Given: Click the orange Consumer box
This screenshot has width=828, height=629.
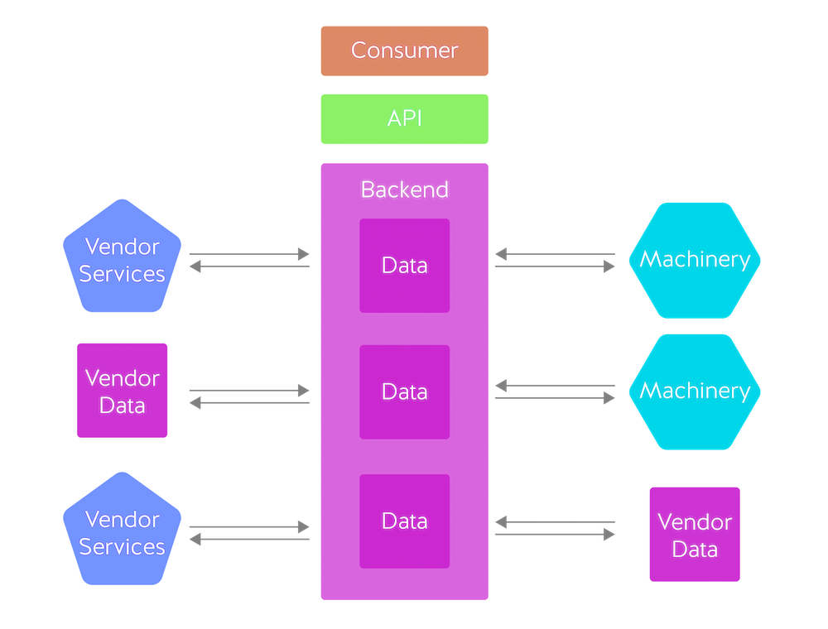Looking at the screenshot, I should coord(404,50).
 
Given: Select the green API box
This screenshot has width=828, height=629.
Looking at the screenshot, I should coord(404,118).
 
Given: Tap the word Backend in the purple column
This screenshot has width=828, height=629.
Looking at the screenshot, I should coord(404,190).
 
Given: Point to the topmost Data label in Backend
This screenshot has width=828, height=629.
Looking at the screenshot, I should coord(404,265).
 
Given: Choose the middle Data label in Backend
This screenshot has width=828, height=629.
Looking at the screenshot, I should coord(404,391).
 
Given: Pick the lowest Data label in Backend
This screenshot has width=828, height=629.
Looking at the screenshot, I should coord(404,521).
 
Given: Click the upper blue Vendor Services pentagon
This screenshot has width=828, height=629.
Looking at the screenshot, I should coord(123,259).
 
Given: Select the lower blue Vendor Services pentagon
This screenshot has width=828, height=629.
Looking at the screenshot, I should coord(123,532).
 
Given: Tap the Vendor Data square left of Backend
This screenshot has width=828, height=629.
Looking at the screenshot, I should coord(123,391).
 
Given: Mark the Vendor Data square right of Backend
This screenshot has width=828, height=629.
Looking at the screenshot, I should coord(695,535).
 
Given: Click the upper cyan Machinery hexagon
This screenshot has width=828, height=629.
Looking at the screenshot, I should coord(695,259).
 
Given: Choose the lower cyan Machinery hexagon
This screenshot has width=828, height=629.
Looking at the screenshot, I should coord(695,391).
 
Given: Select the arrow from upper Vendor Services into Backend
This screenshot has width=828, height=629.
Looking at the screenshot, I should coord(249,254).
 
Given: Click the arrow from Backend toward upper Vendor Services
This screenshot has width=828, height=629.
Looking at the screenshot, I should coord(249,266).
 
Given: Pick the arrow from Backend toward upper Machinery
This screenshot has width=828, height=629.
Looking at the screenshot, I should coord(556,266).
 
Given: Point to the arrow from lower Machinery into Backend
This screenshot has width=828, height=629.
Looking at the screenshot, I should coord(556,385).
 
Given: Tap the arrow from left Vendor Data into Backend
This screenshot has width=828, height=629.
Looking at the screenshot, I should coord(249,390).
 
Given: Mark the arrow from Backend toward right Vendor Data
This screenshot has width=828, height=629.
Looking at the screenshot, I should coord(556,535).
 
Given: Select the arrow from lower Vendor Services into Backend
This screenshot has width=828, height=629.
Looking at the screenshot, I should coord(249,526).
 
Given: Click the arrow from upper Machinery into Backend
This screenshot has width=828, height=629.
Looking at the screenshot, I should coord(556,254).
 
